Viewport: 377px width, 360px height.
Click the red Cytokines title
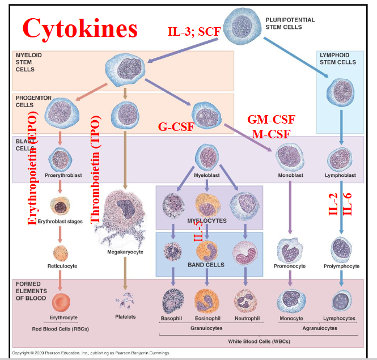pyautogui.click(x=79, y=28)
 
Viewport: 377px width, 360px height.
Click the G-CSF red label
pyautogui.click(x=176, y=126)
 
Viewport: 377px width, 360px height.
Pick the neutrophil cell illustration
pyautogui.click(x=246, y=300)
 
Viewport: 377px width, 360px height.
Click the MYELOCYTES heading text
pyautogui.click(x=207, y=221)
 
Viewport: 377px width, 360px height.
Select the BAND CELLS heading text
pyautogui.click(x=206, y=265)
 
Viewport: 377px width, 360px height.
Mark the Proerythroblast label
pyautogui.click(x=63, y=175)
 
